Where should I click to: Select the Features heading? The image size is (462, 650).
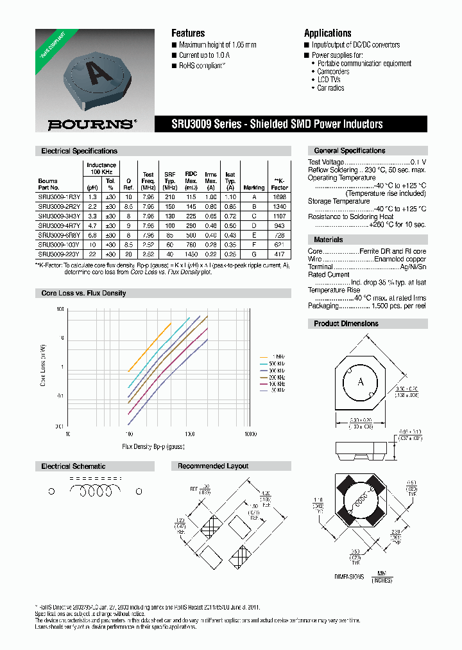tap(188, 33)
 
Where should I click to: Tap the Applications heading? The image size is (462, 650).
tap(327, 33)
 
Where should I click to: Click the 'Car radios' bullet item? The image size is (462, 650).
tap(330, 88)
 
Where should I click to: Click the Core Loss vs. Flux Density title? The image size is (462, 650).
tap(83, 293)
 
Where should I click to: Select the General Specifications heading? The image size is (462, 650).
tap(350, 150)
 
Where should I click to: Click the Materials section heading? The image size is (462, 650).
tap(329, 240)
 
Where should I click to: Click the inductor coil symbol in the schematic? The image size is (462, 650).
tap(94, 491)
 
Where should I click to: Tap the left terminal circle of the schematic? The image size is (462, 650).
tap(52, 491)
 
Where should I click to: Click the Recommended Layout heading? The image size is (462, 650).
tap(213, 466)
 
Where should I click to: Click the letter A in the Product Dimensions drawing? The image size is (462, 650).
tap(361, 382)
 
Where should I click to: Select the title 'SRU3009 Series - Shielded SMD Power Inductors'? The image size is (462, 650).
tap(277, 124)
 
